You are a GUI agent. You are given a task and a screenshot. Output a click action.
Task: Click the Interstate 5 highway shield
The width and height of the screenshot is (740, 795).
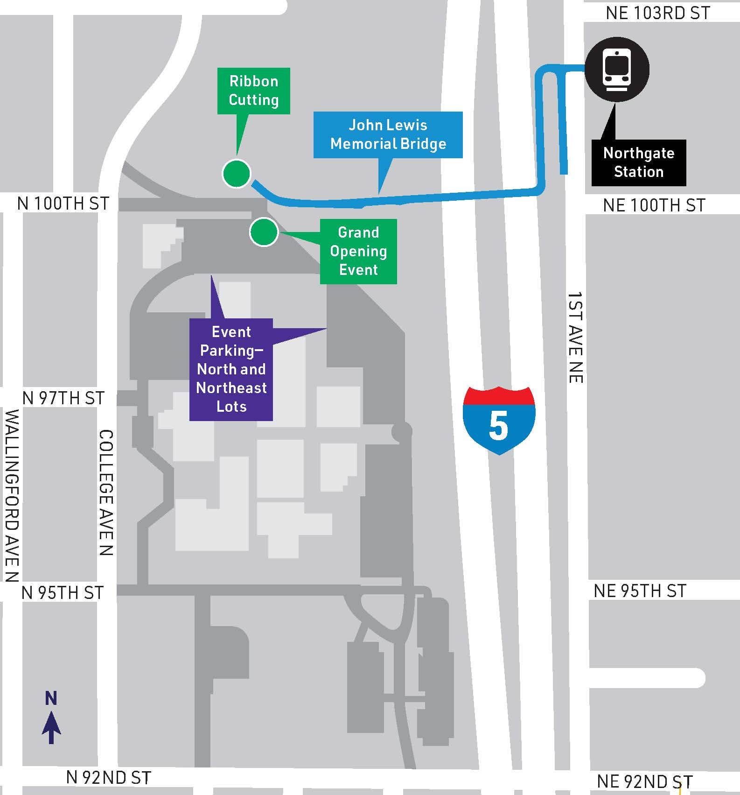499,420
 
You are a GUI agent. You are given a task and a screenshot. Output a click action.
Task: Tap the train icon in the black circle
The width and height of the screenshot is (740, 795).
617,69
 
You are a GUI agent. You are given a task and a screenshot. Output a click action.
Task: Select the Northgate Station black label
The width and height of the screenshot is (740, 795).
638,162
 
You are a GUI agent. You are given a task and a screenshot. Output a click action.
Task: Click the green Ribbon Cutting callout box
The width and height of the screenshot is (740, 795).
253,91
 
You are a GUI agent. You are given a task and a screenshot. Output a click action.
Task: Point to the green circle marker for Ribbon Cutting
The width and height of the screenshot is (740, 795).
236,174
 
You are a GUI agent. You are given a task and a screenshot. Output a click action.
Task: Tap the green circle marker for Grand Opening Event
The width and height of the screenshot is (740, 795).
264,232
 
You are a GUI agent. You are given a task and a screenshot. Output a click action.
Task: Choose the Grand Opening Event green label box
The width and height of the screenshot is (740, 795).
358,251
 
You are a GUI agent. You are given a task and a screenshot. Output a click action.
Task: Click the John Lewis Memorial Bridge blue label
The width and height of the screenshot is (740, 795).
388,134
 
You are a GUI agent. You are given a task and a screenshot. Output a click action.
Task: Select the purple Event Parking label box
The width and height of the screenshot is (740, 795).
231,369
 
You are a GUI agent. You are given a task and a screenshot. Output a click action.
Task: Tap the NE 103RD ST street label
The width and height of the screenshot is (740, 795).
658,13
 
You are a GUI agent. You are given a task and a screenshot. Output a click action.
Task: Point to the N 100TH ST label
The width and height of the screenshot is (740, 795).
63,204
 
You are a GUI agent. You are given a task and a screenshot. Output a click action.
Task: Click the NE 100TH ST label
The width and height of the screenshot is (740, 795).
654,205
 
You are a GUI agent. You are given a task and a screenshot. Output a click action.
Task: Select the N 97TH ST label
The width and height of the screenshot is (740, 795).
63,398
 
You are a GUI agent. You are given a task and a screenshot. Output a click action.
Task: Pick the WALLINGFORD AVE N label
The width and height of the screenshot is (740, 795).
13,495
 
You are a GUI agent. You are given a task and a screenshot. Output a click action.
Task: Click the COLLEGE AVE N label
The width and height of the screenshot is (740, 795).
106,492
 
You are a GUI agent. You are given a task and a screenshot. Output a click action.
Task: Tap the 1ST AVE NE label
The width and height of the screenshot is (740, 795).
575,338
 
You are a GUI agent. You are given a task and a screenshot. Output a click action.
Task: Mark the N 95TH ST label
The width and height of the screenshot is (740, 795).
63,593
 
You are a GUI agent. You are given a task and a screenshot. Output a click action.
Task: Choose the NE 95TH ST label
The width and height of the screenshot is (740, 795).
640,591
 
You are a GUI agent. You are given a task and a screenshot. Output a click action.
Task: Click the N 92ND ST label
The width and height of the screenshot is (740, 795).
109,778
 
